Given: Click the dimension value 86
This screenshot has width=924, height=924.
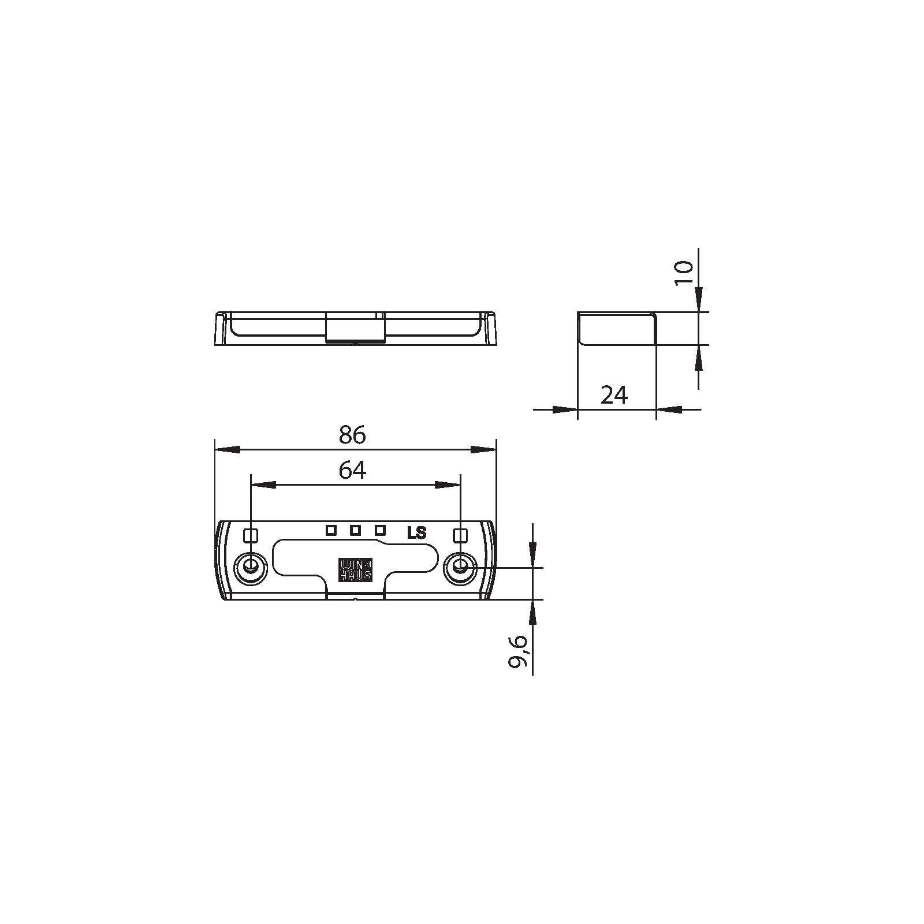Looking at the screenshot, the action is pos(352,435).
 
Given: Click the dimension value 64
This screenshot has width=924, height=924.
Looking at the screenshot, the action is pos(352,471).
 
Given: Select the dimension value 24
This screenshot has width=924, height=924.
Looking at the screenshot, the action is pos(614,395).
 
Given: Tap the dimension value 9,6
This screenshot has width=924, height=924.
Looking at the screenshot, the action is pos(518,651).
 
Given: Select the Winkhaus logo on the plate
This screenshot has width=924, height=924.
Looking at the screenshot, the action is pos(355,570).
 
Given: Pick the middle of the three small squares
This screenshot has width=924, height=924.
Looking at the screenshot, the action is pos(356,530).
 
